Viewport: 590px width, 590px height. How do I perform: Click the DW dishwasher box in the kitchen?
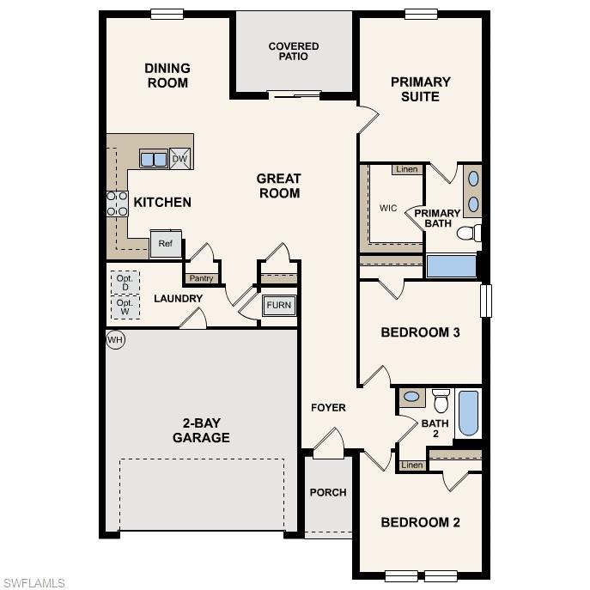[x=179, y=159]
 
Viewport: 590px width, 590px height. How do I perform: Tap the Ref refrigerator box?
[x=166, y=244]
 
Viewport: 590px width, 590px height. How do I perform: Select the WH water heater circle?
[x=115, y=340]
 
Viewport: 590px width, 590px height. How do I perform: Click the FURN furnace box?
[x=278, y=306]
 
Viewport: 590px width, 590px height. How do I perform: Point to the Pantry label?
[x=201, y=278]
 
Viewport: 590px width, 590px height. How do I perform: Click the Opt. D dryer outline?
[x=125, y=282]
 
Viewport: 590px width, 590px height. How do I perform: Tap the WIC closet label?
[x=388, y=208]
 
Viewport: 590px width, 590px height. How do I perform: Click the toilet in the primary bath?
[x=468, y=233]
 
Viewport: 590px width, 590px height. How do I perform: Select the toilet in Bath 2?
[x=441, y=400]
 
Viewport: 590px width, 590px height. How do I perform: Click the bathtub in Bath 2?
[x=468, y=414]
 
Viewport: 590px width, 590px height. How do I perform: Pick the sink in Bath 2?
[x=412, y=397]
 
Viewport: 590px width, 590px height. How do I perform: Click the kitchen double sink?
[x=154, y=159]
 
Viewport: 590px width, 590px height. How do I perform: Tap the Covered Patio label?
[x=293, y=52]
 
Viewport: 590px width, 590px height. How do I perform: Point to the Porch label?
[x=328, y=492]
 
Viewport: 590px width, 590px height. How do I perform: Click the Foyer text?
[x=328, y=407]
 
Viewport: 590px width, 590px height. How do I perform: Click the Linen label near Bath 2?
[x=412, y=465]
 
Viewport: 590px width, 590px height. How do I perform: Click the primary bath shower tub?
[x=451, y=265]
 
